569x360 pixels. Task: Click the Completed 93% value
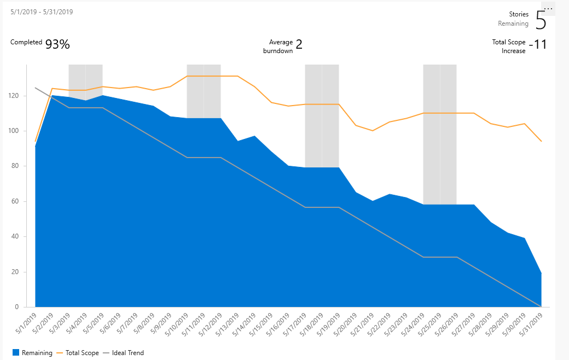pos(57,45)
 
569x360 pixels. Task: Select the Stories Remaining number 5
pos(541,20)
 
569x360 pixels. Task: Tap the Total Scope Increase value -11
pos(540,45)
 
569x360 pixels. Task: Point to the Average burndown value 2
pos(299,45)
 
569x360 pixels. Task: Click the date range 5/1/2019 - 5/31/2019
pos(42,11)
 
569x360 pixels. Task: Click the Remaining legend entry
pos(32,353)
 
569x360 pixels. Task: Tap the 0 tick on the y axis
pos(18,307)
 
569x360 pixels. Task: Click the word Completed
pos(26,42)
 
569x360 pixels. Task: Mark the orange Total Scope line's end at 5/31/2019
pos(542,141)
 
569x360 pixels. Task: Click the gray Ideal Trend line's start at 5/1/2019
pos(36,88)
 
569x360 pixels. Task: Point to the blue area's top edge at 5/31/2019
pos(542,273)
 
